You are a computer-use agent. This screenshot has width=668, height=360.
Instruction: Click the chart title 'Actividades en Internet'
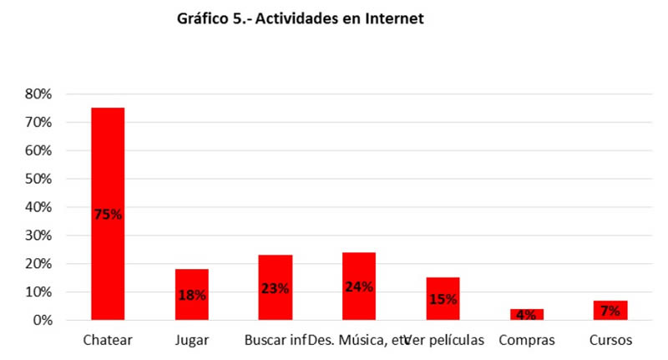point(301,18)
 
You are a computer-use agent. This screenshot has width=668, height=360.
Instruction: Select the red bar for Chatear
point(108,167)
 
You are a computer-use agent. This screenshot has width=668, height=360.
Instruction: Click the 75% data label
point(108,214)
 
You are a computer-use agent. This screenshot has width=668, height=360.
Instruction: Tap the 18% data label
point(191,294)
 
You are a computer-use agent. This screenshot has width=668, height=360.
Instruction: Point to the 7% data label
point(610,311)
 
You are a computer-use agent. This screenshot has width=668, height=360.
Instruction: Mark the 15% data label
point(443,299)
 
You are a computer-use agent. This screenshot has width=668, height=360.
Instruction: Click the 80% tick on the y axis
point(38,94)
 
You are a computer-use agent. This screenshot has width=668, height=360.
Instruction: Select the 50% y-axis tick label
point(38,180)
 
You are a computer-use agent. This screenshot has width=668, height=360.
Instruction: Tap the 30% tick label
point(38,236)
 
